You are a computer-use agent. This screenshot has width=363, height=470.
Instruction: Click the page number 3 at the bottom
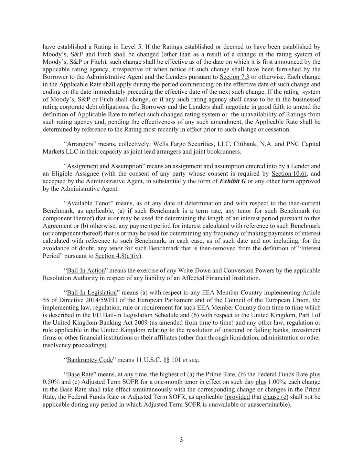181,440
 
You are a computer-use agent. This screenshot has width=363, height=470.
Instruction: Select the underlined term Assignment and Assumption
104,166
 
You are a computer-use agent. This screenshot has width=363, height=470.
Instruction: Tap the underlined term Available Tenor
88,203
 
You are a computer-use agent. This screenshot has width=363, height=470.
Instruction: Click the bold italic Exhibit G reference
233,181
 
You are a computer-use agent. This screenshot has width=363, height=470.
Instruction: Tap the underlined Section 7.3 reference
234,77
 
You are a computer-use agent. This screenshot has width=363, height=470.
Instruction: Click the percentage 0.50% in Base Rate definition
51,382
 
